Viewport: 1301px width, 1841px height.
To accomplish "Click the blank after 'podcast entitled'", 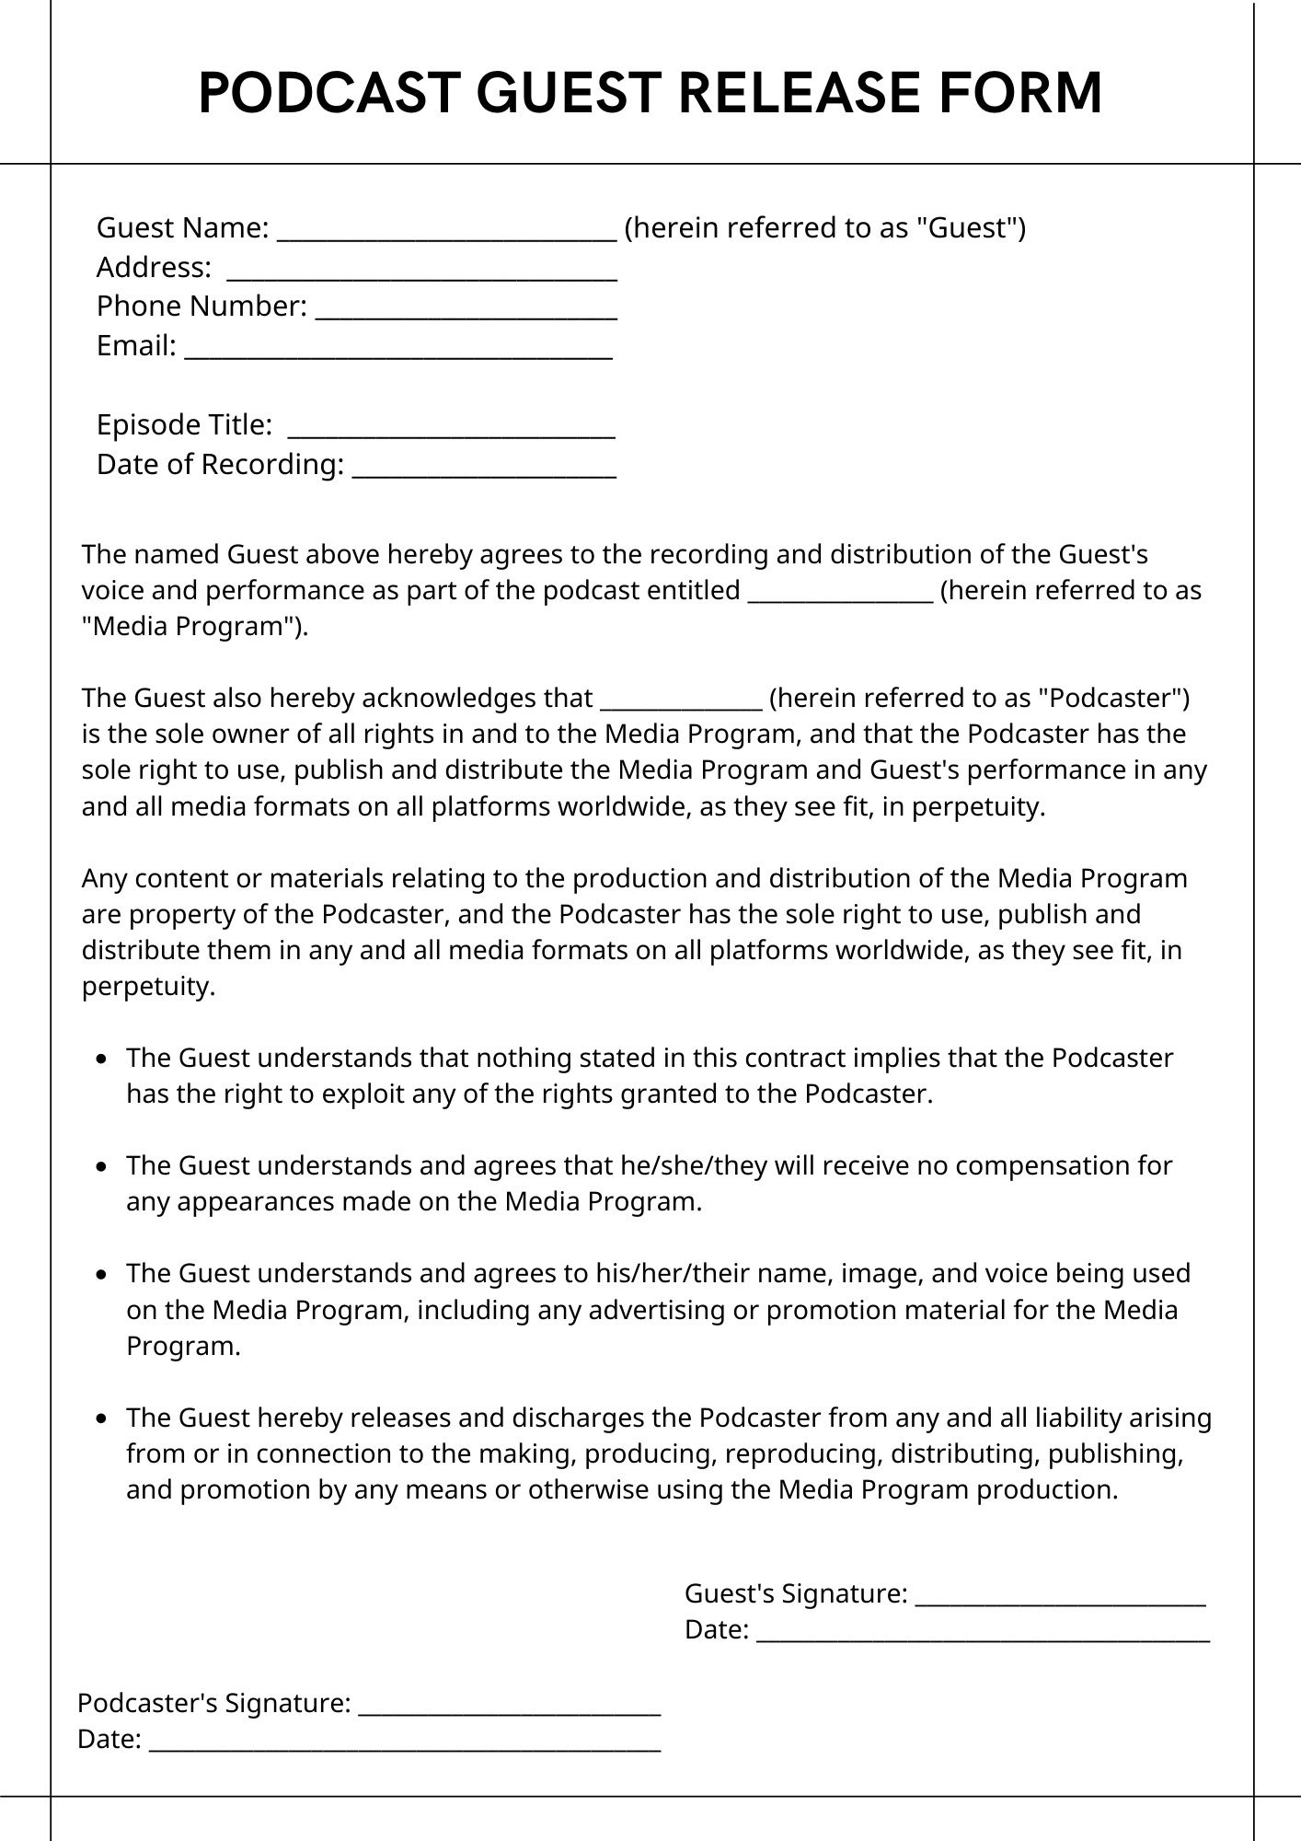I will (841, 595).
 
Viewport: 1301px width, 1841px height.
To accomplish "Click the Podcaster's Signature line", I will (509, 1708).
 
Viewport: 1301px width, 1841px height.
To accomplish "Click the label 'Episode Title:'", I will (184, 424).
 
